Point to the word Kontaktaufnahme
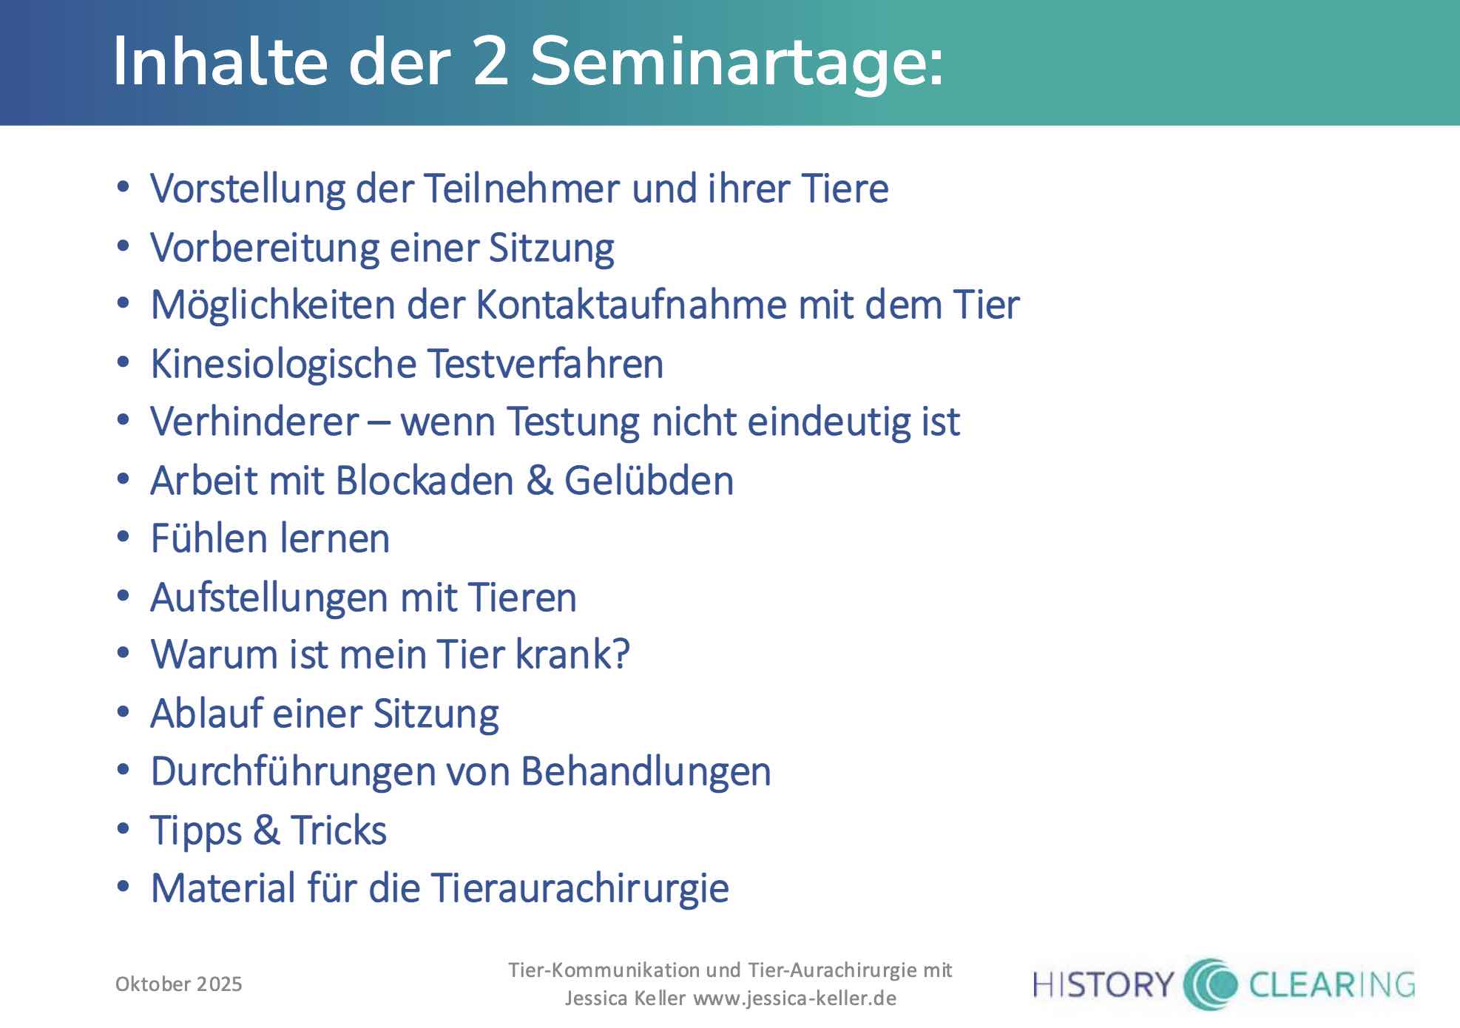(631, 305)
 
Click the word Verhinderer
(254, 422)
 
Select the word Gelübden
(649, 481)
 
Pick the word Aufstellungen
(271, 598)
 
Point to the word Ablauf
(206, 714)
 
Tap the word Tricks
(338, 831)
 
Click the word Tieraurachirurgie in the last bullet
(580, 889)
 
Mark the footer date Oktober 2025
(179, 984)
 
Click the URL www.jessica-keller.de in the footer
(794, 999)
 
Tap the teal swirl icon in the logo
(1210, 984)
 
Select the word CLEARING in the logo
(1331, 985)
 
